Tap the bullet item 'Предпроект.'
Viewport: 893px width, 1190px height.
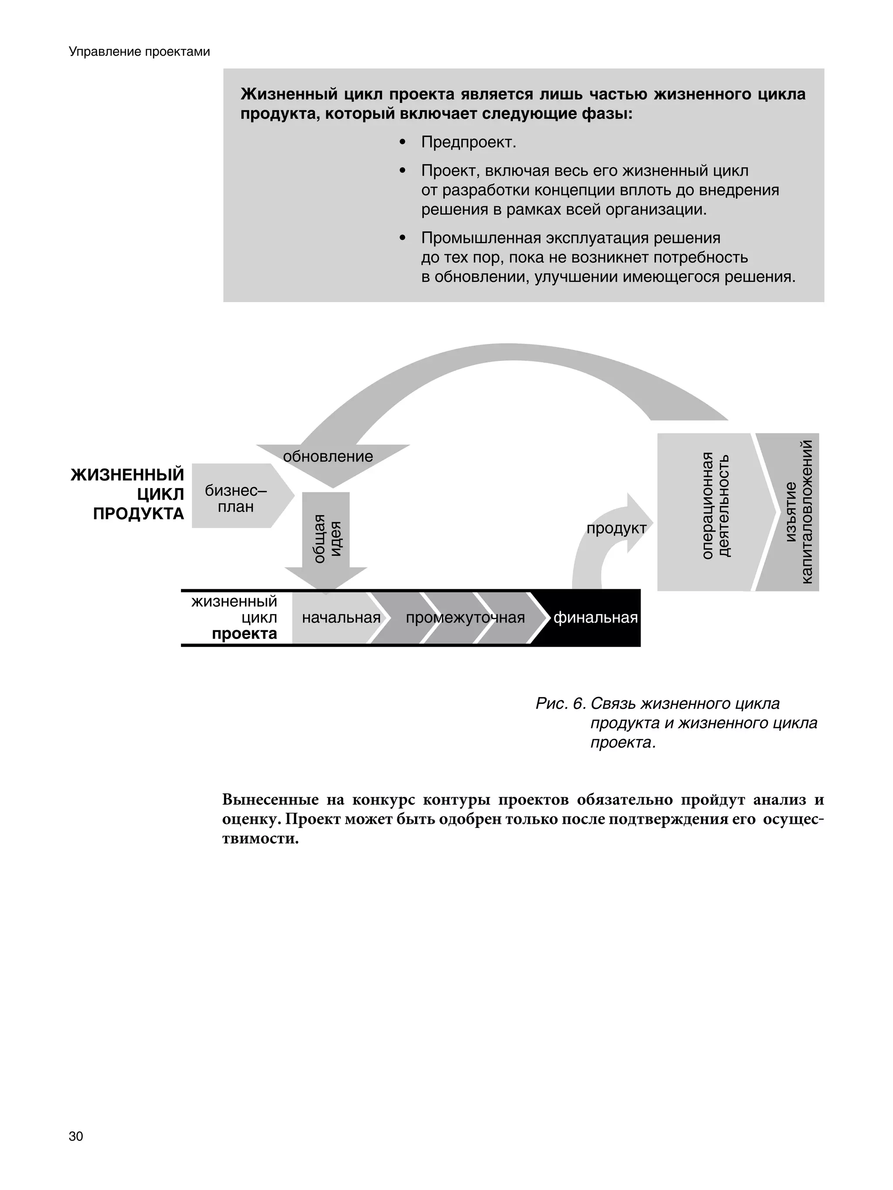(x=468, y=143)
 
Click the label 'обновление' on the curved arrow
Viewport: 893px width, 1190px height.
(x=328, y=456)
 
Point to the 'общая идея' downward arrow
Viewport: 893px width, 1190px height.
(x=326, y=538)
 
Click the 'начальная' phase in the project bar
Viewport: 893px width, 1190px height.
(x=341, y=618)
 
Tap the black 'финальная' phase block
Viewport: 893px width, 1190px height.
(x=595, y=618)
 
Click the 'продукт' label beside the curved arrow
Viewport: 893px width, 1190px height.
(x=616, y=528)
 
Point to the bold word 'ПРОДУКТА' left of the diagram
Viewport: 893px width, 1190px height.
(x=138, y=514)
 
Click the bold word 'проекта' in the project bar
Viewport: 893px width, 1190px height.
(x=244, y=634)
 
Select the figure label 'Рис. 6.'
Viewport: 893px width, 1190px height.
(x=560, y=704)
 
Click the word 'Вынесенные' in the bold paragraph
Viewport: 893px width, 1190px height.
(x=269, y=800)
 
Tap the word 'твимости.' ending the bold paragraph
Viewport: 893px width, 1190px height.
(x=260, y=839)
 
